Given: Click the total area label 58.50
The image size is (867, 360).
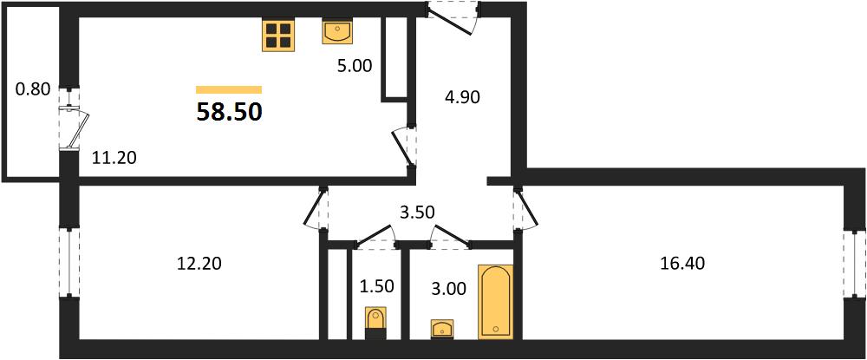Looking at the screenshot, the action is [x=229, y=112].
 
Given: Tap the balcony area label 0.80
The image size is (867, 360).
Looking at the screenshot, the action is [x=33, y=89].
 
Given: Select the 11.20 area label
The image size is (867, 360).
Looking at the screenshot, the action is [x=114, y=158].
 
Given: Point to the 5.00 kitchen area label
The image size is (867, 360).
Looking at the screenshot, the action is [x=355, y=66].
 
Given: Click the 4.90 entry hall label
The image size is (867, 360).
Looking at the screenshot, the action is [x=462, y=97].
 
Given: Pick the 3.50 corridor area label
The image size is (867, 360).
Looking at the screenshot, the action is [x=418, y=212].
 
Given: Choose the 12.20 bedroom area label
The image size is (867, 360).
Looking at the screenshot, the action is [x=199, y=264].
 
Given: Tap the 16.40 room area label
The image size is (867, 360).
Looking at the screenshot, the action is [x=682, y=264].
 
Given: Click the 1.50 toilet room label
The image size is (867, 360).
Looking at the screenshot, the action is [x=376, y=286].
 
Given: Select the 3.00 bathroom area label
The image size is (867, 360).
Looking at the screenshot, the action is [x=449, y=288].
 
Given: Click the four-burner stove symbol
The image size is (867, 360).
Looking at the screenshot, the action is [x=277, y=36].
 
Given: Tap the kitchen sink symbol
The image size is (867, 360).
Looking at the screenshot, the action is [x=337, y=31].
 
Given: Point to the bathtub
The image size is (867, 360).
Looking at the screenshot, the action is [x=495, y=301].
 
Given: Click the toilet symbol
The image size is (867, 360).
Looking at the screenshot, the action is [x=375, y=324].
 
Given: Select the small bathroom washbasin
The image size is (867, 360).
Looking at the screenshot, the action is [x=442, y=329].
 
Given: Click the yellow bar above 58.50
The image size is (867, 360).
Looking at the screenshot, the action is [x=229, y=89].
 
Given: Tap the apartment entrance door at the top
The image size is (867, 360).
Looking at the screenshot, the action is [x=453, y=17].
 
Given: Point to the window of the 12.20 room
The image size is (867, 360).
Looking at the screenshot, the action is [x=69, y=263].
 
